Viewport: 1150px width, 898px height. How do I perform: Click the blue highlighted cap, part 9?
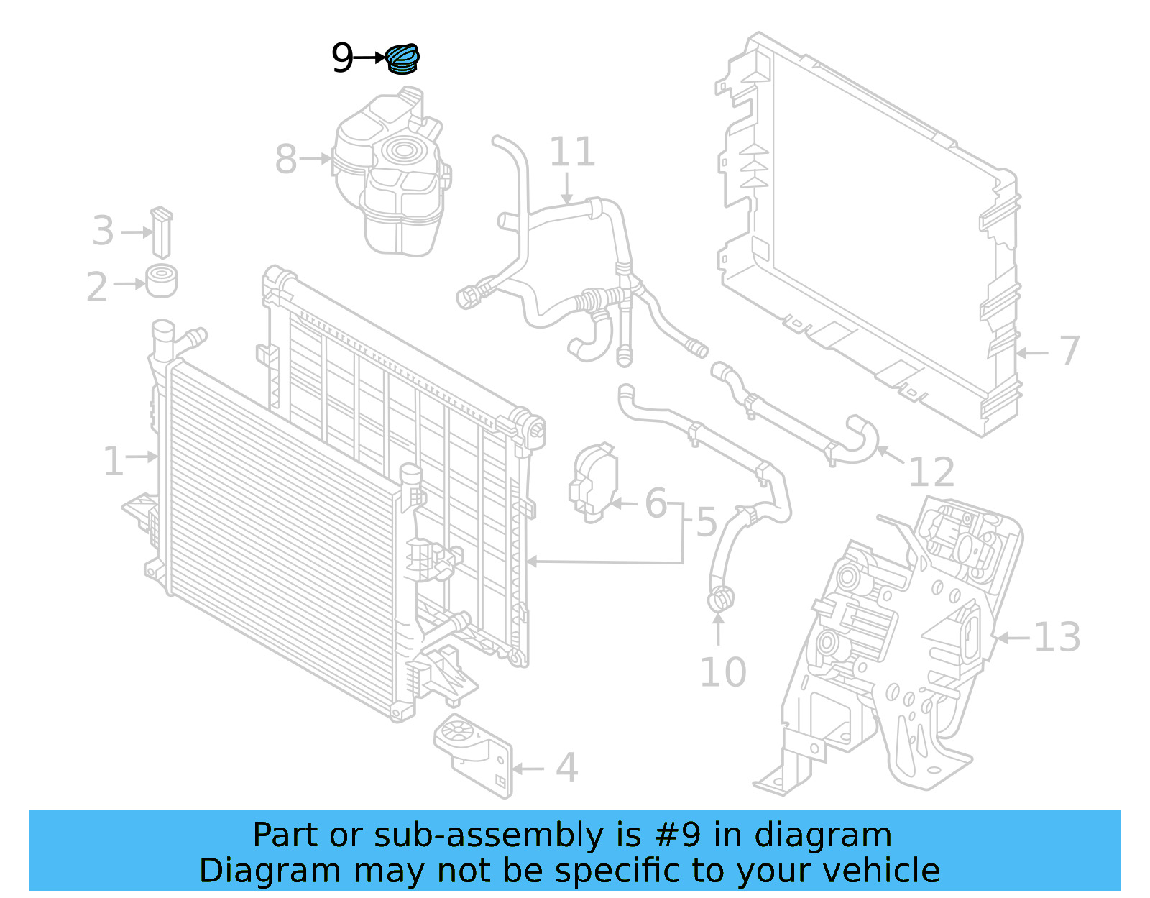[402, 59]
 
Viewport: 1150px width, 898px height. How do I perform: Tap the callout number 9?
[342, 58]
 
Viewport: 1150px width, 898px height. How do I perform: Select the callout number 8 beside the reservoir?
[285, 159]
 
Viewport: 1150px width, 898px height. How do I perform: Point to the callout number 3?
[103, 232]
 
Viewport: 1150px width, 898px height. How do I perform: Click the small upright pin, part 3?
[162, 232]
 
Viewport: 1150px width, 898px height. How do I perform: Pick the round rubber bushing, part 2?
[162, 281]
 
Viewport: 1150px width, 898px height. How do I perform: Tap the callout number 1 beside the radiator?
[113, 461]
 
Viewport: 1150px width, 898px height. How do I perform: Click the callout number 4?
[566, 768]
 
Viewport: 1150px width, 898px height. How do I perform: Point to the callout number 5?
[706, 522]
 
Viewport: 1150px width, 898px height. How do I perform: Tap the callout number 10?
[722, 672]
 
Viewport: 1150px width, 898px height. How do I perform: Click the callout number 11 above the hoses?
[572, 152]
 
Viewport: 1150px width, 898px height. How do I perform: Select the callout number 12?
[931, 472]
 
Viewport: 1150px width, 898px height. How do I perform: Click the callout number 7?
[1069, 351]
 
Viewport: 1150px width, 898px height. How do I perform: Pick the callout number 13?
[1057, 637]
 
